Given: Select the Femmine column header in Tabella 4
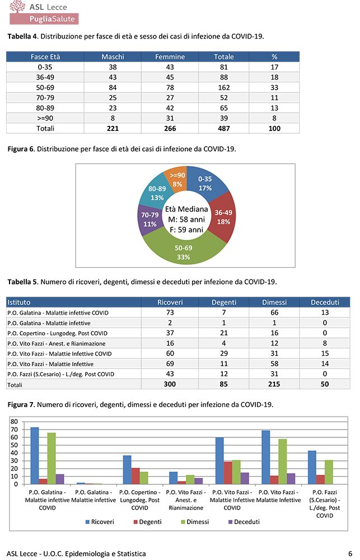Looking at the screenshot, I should click(x=166, y=57).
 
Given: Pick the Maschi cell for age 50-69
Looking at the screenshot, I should click(x=113, y=87).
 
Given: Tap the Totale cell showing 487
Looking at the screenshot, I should click(x=224, y=128).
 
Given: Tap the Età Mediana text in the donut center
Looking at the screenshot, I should click(x=185, y=209).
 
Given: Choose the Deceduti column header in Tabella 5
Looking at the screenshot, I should click(x=325, y=302).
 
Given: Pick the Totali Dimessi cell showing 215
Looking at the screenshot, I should click(x=274, y=385).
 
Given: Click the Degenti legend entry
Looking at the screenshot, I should click(x=144, y=522).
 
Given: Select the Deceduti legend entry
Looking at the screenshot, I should click(x=242, y=522).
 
